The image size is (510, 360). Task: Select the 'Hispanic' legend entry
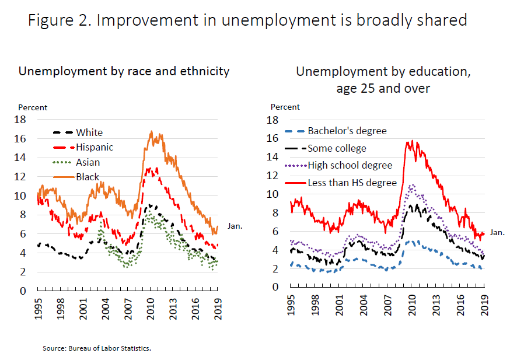pyautogui.click(x=95, y=147)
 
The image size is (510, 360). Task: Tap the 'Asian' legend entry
pyautogui.click(x=88, y=162)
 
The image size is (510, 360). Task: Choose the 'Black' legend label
pyautogui.click(x=88, y=177)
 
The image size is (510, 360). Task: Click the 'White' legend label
pyautogui.click(x=89, y=132)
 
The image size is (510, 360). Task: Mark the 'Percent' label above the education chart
pyautogui.click(x=285, y=107)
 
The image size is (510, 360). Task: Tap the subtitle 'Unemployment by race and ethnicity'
pyautogui.click(x=124, y=71)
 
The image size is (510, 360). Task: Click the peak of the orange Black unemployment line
pyautogui.click(x=152, y=132)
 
